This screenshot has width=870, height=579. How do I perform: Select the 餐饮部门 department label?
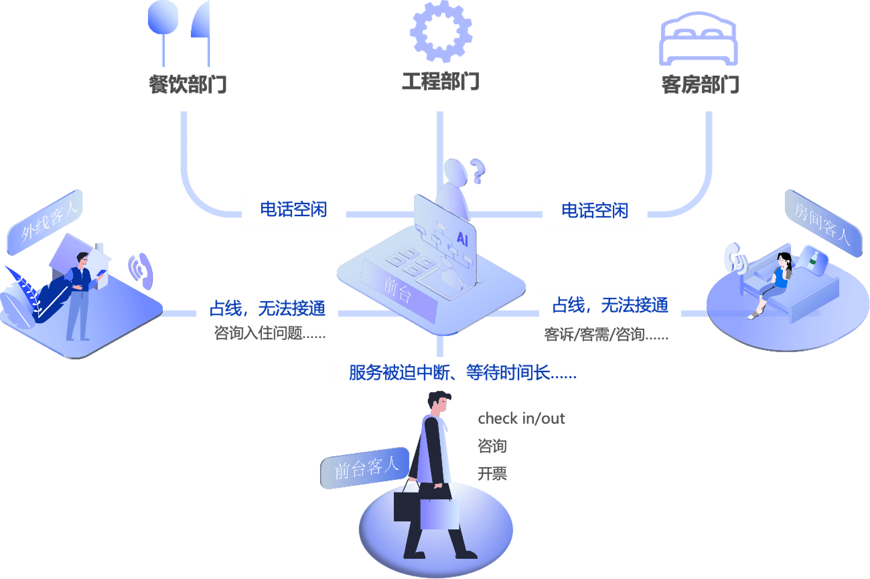[188, 84]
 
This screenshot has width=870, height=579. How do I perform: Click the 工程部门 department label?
[440, 82]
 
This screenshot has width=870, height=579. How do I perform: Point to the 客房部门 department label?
[700, 84]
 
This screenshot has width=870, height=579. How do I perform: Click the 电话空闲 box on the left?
[294, 209]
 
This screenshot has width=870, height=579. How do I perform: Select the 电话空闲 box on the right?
[595, 211]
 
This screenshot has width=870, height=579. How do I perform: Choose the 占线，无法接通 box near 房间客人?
[610, 304]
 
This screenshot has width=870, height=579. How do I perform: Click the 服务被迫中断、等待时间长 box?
[463, 372]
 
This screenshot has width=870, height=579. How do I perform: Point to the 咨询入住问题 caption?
[270, 334]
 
